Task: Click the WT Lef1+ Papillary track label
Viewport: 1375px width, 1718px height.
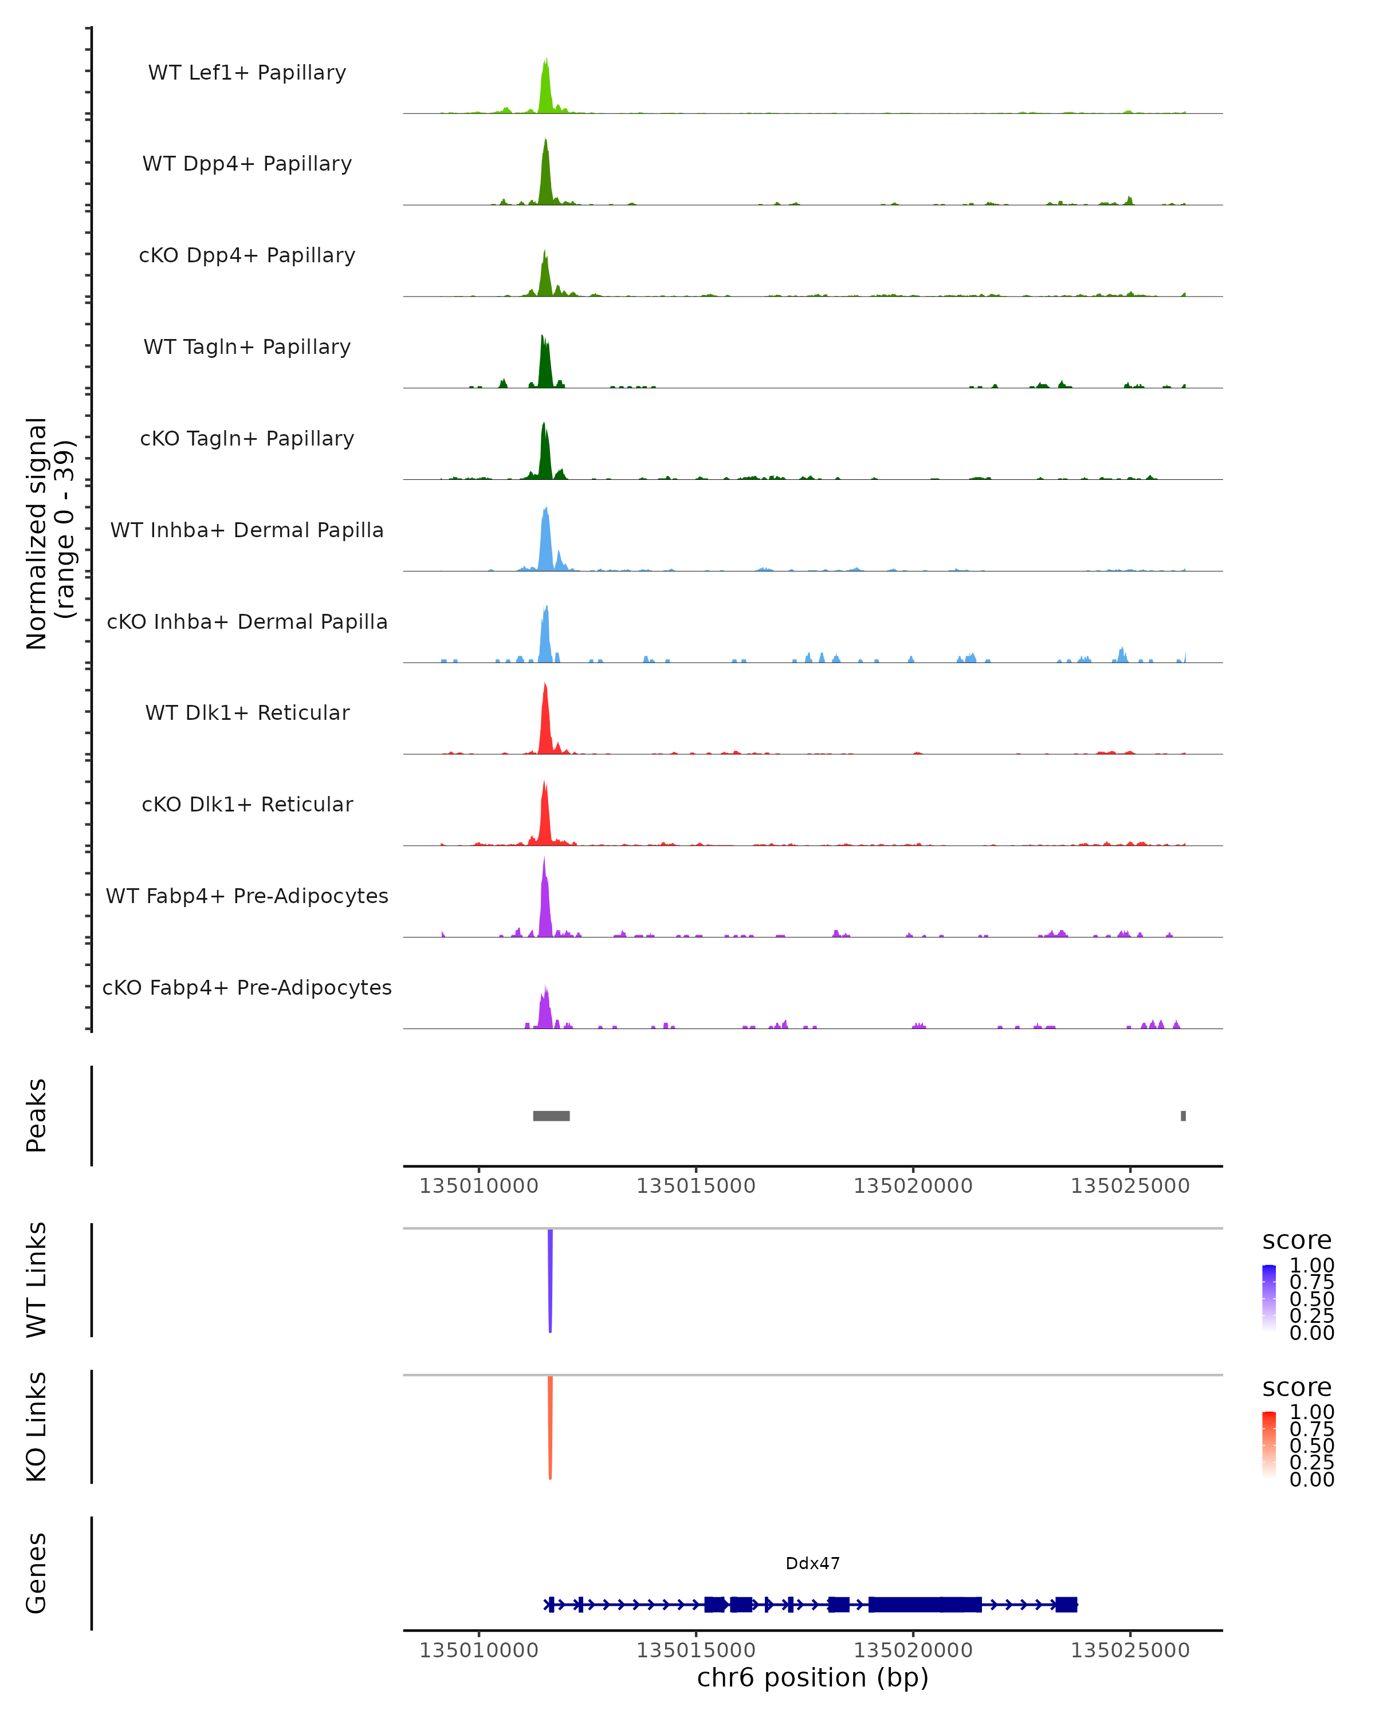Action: pos(247,73)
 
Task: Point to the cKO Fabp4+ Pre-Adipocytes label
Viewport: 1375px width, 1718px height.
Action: pos(247,987)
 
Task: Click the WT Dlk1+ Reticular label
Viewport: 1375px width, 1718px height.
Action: pos(247,712)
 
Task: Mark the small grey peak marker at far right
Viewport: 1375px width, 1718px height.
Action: pos(1183,1116)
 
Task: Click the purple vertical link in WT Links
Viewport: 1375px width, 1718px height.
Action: pos(550,1279)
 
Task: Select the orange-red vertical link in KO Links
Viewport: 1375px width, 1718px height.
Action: pos(550,1427)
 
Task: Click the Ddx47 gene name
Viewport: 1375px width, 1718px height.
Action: pos(812,1563)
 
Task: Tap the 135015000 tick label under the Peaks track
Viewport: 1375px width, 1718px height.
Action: pos(696,1187)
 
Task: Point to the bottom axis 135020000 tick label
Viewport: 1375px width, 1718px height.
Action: pos(913,1650)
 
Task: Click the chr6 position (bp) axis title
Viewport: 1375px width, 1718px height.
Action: pos(812,1678)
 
